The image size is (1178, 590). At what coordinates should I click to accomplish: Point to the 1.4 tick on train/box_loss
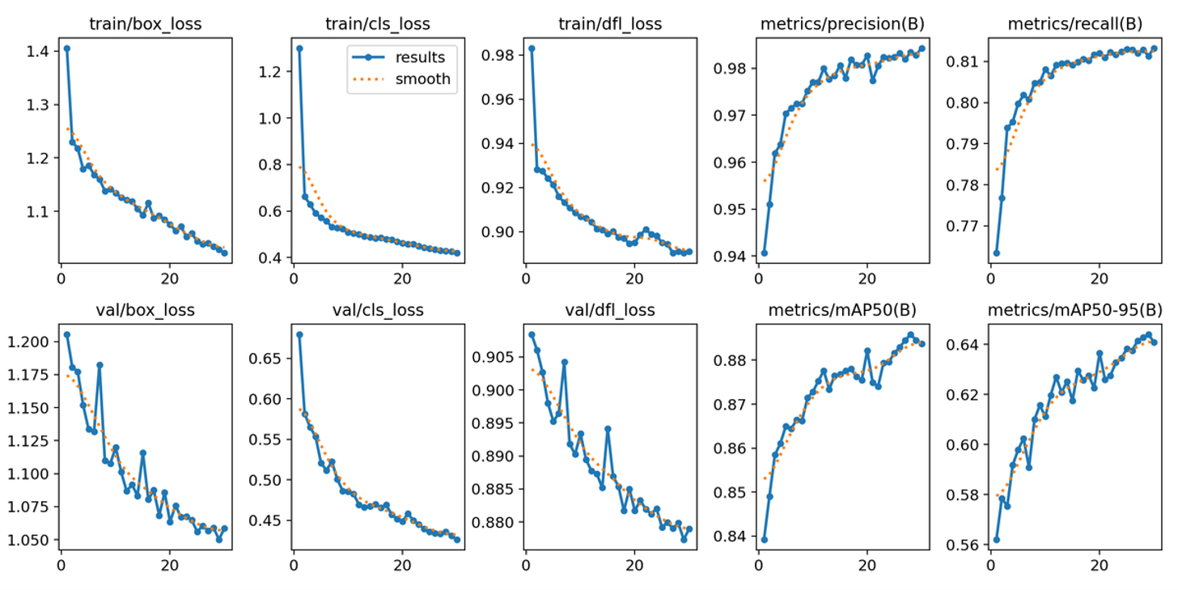coord(37,51)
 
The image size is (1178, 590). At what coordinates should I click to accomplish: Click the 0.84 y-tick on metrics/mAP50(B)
coord(731,537)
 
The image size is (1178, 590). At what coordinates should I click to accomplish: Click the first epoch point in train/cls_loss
coord(299,48)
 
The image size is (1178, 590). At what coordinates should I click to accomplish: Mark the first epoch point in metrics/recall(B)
coord(996,253)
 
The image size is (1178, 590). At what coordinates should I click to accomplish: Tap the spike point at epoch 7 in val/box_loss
coord(100,365)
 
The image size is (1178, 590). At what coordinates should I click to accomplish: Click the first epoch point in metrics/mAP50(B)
coord(764,540)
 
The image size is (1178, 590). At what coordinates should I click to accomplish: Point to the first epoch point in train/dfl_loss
coord(532,48)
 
